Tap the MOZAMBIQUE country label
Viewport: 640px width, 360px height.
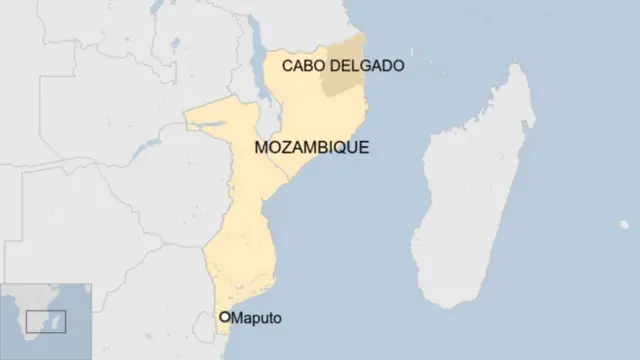[x=312, y=147]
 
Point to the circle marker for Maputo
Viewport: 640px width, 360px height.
[x=225, y=318]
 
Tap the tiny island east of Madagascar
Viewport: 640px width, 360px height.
[x=624, y=225]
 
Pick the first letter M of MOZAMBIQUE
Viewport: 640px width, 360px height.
[x=264, y=147]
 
